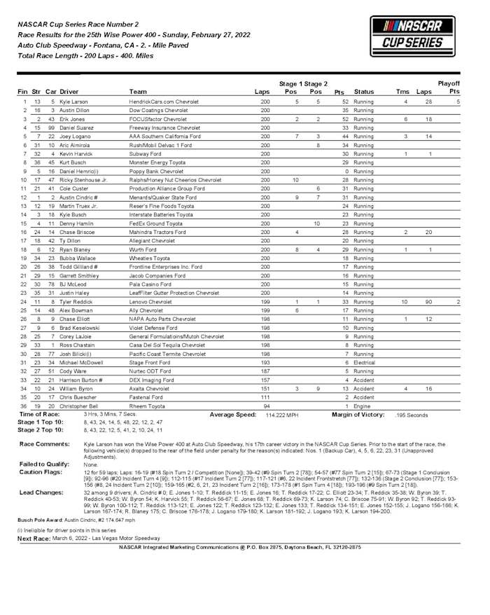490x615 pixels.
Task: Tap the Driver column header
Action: (69, 92)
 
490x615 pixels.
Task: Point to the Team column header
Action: (138, 92)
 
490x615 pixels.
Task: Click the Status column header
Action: (364, 92)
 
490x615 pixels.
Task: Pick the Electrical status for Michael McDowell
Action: (364, 363)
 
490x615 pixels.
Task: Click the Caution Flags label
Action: (41, 473)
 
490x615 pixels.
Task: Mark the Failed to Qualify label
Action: (43, 464)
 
